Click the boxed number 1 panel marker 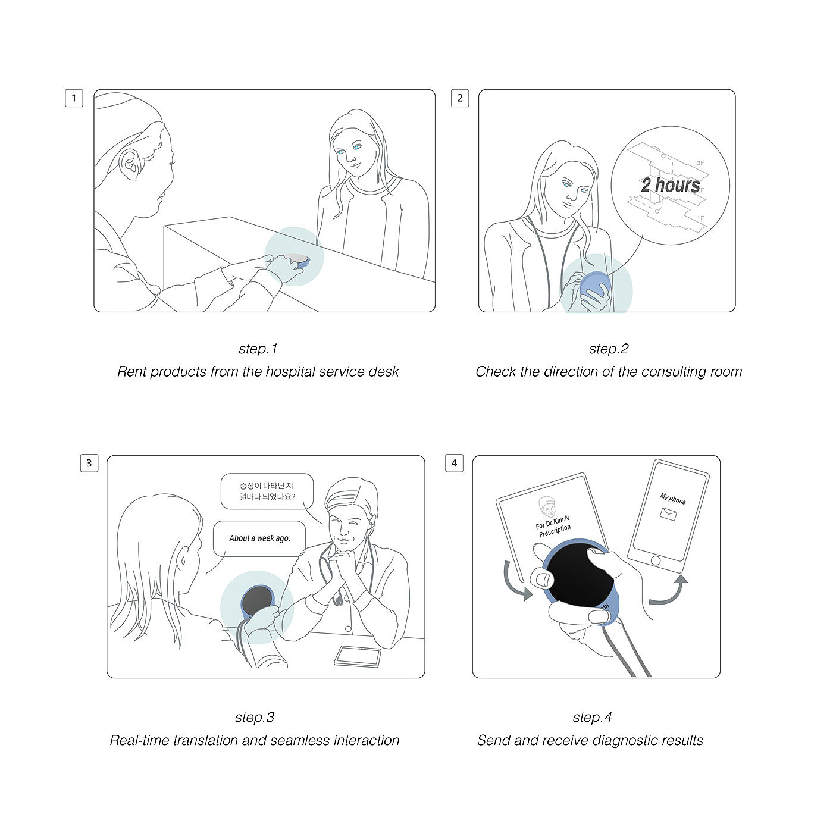point(74,98)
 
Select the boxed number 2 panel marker point(460,98)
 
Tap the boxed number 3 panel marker point(89,463)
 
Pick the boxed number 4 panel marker point(455,463)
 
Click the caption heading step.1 point(258,349)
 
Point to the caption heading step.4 point(592,717)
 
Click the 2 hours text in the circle point(671,185)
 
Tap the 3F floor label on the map point(700,163)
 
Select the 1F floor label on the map point(700,218)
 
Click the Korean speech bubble point(267,491)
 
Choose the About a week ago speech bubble point(259,538)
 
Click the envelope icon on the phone point(668,514)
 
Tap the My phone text point(672,499)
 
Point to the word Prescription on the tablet point(555,531)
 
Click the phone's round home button point(655,560)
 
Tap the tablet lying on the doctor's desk point(358,657)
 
